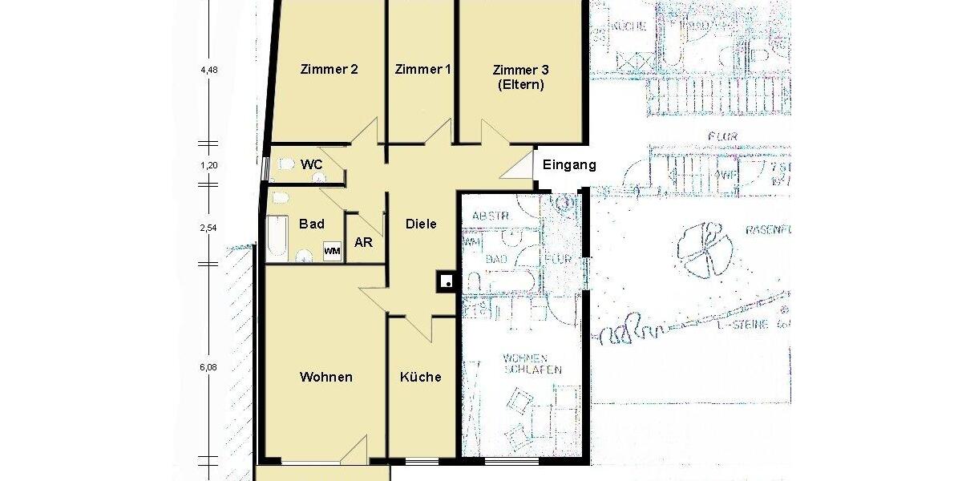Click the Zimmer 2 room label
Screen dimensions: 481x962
[329, 69]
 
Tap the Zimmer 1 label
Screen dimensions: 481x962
[422, 69]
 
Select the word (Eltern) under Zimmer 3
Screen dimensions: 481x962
[520, 84]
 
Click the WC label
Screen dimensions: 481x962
[311, 164]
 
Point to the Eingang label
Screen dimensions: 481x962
[569, 165]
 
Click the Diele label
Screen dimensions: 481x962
[421, 224]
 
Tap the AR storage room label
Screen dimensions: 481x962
[363, 240]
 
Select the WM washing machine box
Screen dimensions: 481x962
[332, 251]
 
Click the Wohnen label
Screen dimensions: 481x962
[326, 377]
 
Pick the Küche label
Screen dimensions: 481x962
[421, 377]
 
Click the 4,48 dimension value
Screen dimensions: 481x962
[209, 70]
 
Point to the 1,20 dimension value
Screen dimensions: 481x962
[209, 165]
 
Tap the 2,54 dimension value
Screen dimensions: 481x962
[209, 228]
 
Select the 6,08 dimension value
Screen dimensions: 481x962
[209, 368]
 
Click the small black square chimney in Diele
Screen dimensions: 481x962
[447, 281]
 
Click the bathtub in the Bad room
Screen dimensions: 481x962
[277, 236]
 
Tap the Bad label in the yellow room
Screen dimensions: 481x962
[311, 224]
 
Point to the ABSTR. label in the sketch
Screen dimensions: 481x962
[490, 216]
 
